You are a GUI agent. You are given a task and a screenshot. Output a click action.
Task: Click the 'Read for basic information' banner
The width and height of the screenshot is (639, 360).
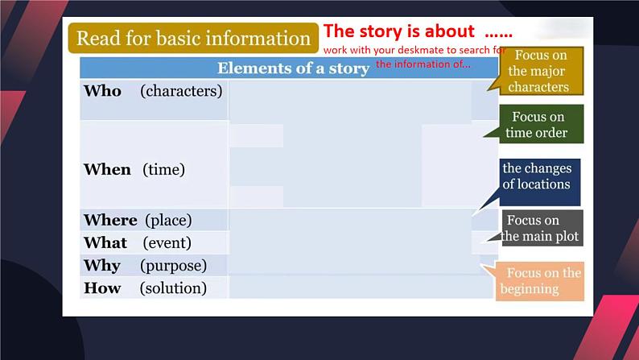click(193, 38)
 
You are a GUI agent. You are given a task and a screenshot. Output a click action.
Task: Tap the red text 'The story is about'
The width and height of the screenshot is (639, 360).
click(398, 31)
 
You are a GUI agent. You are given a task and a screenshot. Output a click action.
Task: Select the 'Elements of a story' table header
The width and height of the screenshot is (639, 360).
click(293, 68)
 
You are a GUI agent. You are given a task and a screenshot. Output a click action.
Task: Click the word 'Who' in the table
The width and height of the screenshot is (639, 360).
click(102, 91)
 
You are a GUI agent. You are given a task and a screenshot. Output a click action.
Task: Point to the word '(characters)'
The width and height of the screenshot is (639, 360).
click(181, 91)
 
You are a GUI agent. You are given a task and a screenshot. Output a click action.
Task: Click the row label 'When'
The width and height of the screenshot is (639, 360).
click(107, 170)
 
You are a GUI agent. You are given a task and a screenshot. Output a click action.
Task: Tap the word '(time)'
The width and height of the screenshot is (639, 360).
click(164, 170)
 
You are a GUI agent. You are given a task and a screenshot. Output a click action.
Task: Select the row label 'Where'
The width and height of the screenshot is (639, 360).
click(110, 220)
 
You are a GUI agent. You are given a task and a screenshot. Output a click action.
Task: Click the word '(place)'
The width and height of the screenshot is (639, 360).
click(168, 221)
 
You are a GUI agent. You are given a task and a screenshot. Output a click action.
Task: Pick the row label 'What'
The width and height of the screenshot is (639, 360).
click(105, 243)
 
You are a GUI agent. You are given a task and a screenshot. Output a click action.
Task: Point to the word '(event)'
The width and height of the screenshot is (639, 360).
click(167, 243)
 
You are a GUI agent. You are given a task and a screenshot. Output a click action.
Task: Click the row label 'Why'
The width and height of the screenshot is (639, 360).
click(102, 266)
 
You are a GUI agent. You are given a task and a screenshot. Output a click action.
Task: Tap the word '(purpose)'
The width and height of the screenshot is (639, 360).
click(174, 266)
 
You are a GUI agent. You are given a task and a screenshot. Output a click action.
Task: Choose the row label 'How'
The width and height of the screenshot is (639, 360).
click(102, 288)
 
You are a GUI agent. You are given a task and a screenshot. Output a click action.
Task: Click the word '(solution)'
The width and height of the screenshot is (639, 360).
click(173, 288)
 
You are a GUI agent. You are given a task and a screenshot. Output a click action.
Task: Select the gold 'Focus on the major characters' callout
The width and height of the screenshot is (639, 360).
click(541, 71)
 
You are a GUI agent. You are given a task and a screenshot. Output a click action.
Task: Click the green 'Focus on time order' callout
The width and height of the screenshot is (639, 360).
click(541, 124)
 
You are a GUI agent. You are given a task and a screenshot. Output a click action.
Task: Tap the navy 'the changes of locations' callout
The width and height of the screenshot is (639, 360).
click(539, 182)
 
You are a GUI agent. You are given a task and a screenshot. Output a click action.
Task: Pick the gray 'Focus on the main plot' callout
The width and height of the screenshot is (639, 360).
click(542, 228)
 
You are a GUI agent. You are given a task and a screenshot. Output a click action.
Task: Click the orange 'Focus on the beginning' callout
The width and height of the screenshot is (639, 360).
click(539, 281)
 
